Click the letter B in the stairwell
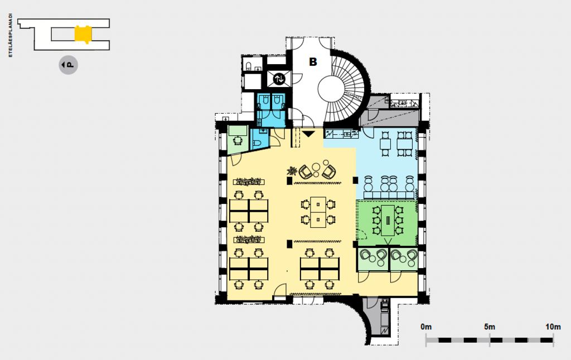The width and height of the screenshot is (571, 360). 313,62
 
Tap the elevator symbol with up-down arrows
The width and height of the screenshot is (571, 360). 279,78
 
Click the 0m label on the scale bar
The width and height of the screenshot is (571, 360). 426,327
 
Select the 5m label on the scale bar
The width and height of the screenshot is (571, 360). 490,327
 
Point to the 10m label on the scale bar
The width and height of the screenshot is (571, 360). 553,327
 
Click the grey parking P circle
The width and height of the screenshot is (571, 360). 68,65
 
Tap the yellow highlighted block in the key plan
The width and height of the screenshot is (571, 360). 83,34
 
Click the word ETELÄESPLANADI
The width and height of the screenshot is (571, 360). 11,36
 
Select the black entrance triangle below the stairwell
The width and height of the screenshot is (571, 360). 308,134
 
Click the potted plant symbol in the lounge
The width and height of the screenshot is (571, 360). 292,171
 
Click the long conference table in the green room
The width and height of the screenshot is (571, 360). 388,220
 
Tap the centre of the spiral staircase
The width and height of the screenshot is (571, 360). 332,89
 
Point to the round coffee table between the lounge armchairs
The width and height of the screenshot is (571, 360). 316,167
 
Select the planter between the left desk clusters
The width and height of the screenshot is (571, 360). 249,240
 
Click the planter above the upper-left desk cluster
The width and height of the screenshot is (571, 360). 249,181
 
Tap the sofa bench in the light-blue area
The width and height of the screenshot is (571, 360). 389,196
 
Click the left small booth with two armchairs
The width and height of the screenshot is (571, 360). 373,259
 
